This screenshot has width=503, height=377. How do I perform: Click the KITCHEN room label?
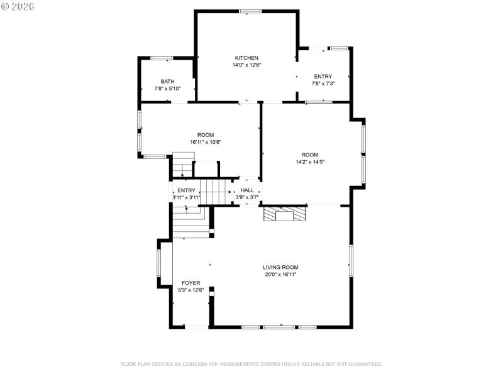[x=246, y=58]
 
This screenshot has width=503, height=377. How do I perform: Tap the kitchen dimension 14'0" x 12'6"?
[x=246, y=65]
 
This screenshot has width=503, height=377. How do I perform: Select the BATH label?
[x=167, y=81]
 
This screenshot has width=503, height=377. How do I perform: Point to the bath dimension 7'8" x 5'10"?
[x=167, y=89]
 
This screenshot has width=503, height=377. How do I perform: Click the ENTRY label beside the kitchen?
[x=323, y=77]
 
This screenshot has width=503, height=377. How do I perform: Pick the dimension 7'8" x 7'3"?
[x=323, y=84]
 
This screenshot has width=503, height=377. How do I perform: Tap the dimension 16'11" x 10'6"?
[x=205, y=142]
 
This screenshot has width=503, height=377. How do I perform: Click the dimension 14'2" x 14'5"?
[x=309, y=161]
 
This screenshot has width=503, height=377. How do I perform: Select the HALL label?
[x=247, y=190]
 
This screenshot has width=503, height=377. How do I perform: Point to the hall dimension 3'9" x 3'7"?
[x=247, y=197]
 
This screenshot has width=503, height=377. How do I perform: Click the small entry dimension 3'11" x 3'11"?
[x=186, y=197]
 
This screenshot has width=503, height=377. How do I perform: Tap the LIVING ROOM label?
[x=280, y=267]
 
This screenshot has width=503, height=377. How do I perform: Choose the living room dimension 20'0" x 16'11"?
[x=280, y=275]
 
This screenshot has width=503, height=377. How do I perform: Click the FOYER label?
[x=191, y=283]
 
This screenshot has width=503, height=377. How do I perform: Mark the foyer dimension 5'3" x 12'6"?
[x=191, y=290]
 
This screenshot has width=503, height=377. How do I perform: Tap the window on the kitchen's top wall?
[x=250, y=11]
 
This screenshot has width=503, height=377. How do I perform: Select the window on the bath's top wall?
[x=162, y=58]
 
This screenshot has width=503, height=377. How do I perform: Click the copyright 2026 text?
[x=18, y=6]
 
